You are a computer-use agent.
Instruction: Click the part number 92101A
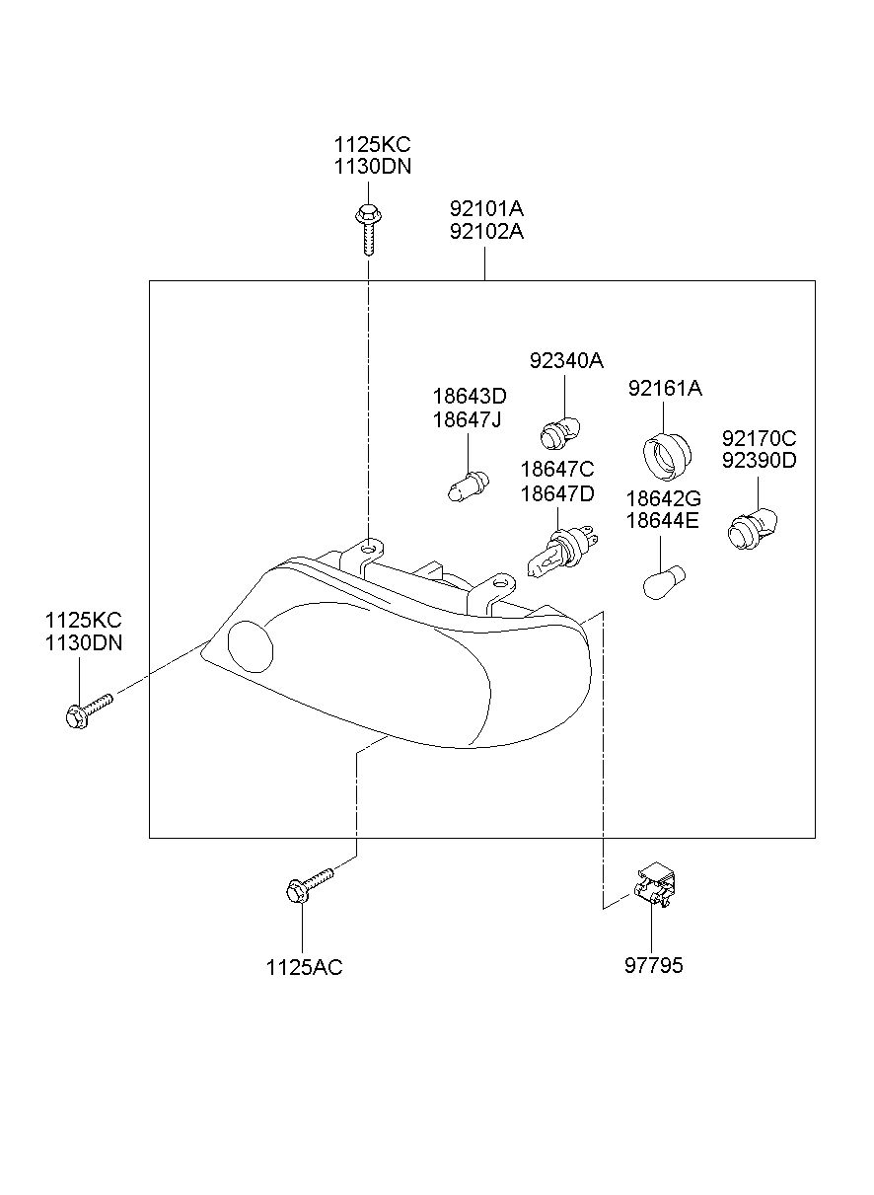point(486,208)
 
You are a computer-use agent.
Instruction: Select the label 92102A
point(486,232)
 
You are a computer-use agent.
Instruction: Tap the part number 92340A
point(566,361)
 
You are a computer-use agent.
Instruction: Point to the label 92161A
point(665,389)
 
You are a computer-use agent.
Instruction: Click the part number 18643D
point(470,397)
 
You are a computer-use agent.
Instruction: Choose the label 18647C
point(556,470)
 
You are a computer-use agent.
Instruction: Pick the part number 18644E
point(662,520)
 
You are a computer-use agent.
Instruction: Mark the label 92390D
point(759,461)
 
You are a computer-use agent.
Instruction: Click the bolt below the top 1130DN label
point(367,229)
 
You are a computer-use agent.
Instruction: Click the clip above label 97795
point(655,885)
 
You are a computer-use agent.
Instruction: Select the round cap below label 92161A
point(667,455)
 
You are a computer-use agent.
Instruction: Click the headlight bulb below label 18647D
point(562,551)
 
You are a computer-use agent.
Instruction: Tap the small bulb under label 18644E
point(663,582)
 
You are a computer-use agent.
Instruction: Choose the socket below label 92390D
point(752,529)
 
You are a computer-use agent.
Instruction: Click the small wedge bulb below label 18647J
point(468,486)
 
